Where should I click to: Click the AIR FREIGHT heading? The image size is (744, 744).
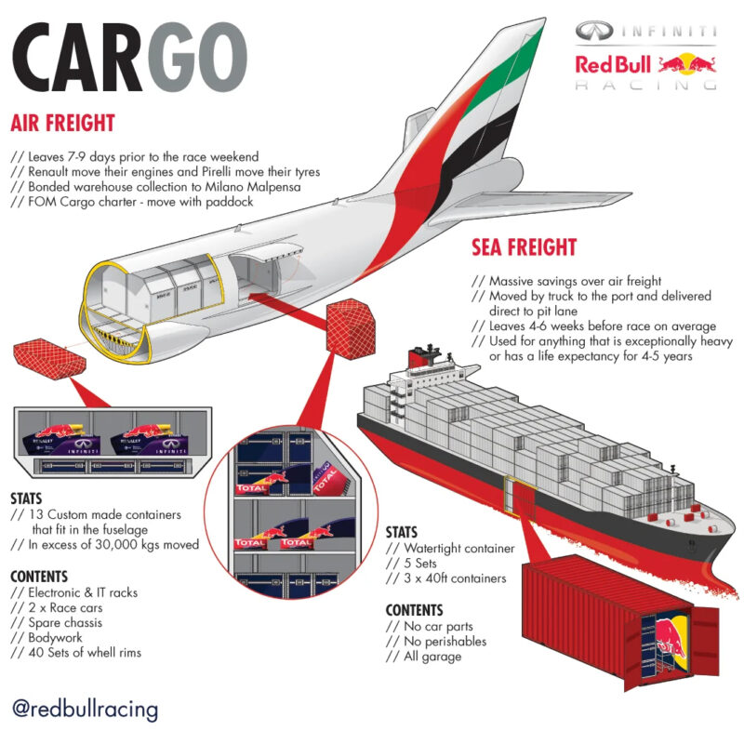tap(62, 123)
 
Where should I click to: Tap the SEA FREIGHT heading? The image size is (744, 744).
tap(524, 247)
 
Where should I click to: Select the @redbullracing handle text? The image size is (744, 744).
tap(85, 710)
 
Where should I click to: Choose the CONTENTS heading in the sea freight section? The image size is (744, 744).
tap(414, 610)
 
